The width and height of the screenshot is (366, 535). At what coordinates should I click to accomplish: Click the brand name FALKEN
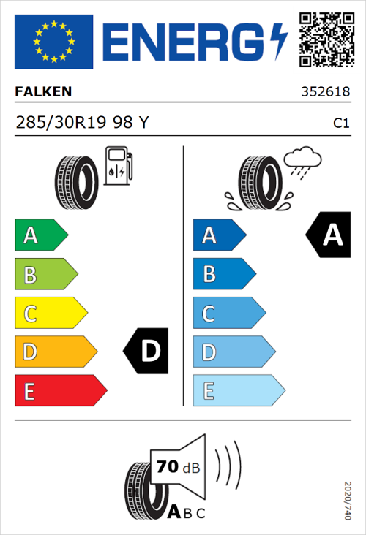(x=43, y=92)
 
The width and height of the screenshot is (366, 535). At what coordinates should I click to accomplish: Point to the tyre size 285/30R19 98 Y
(x=82, y=123)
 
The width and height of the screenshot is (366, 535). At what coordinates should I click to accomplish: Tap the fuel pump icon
(x=117, y=166)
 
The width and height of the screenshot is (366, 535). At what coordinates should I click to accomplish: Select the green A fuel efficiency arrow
(x=40, y=235)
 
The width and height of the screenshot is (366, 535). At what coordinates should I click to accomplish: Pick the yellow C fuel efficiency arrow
(x=50, y=313)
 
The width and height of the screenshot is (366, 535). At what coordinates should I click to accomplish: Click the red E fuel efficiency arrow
(x=60, y=390)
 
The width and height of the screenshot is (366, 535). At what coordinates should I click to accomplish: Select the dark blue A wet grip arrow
(x=219, y=235)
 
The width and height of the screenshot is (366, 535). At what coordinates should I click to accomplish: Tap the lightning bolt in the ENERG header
(x=277, y=41)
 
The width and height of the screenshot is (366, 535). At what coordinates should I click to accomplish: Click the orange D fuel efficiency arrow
(x=55, y=352)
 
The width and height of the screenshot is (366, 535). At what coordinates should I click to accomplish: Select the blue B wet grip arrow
(x=223, y=274)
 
